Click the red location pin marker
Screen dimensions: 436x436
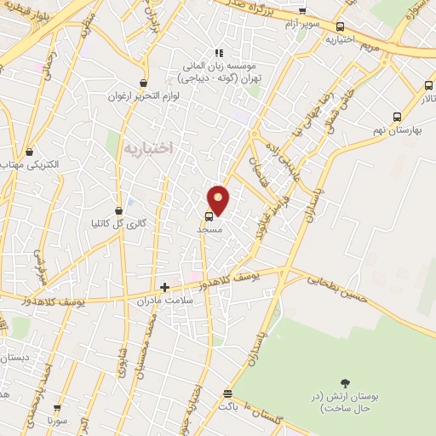pos(219,199)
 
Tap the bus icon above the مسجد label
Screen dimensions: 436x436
pos(209,216)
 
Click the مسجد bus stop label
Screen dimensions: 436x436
pos(209,230)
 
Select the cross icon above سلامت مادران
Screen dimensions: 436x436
pos(164,288)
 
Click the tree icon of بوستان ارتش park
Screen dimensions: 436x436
pos(345,384)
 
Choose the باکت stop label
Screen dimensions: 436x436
pos(228,407)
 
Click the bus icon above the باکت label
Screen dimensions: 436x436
pos(227,394)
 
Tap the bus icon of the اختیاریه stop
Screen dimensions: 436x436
pos(341,26)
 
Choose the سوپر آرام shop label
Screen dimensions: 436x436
pos(302,23)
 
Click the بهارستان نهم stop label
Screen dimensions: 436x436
pos(393,129)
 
